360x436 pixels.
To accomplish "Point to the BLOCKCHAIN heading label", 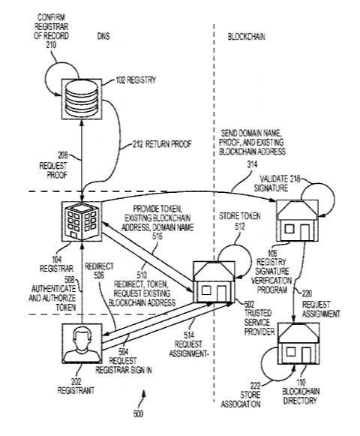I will [x=248, y=35].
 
